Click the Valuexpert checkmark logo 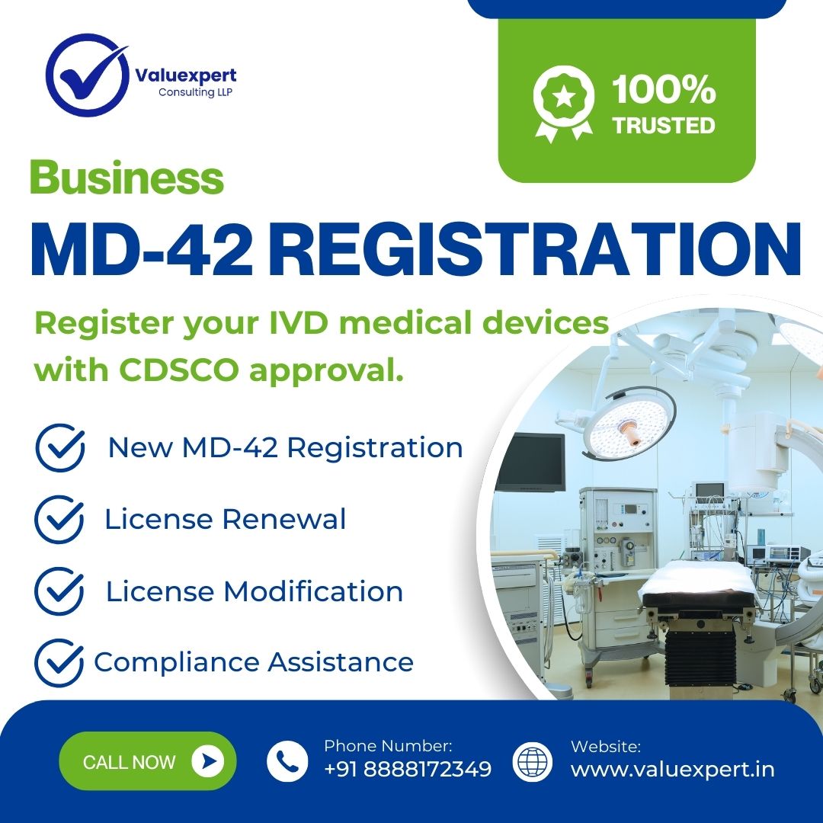point(87,75)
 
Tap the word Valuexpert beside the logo point(186,76)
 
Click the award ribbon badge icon point(563,103)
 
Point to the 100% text point(664,89)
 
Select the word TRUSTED point(664,126)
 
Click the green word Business point(127,178)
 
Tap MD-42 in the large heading point(141,248)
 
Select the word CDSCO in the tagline point(179,370)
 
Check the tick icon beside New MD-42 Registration point(60,447)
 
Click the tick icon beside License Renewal point(59,519)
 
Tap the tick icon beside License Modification point(59,591)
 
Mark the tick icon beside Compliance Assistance point(59,662)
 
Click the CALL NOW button point(148,761)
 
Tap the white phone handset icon point(287,761)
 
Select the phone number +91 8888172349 point(408,769)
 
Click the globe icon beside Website point(532,761)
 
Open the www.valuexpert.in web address point(672,770)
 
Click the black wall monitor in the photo point(530,463)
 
